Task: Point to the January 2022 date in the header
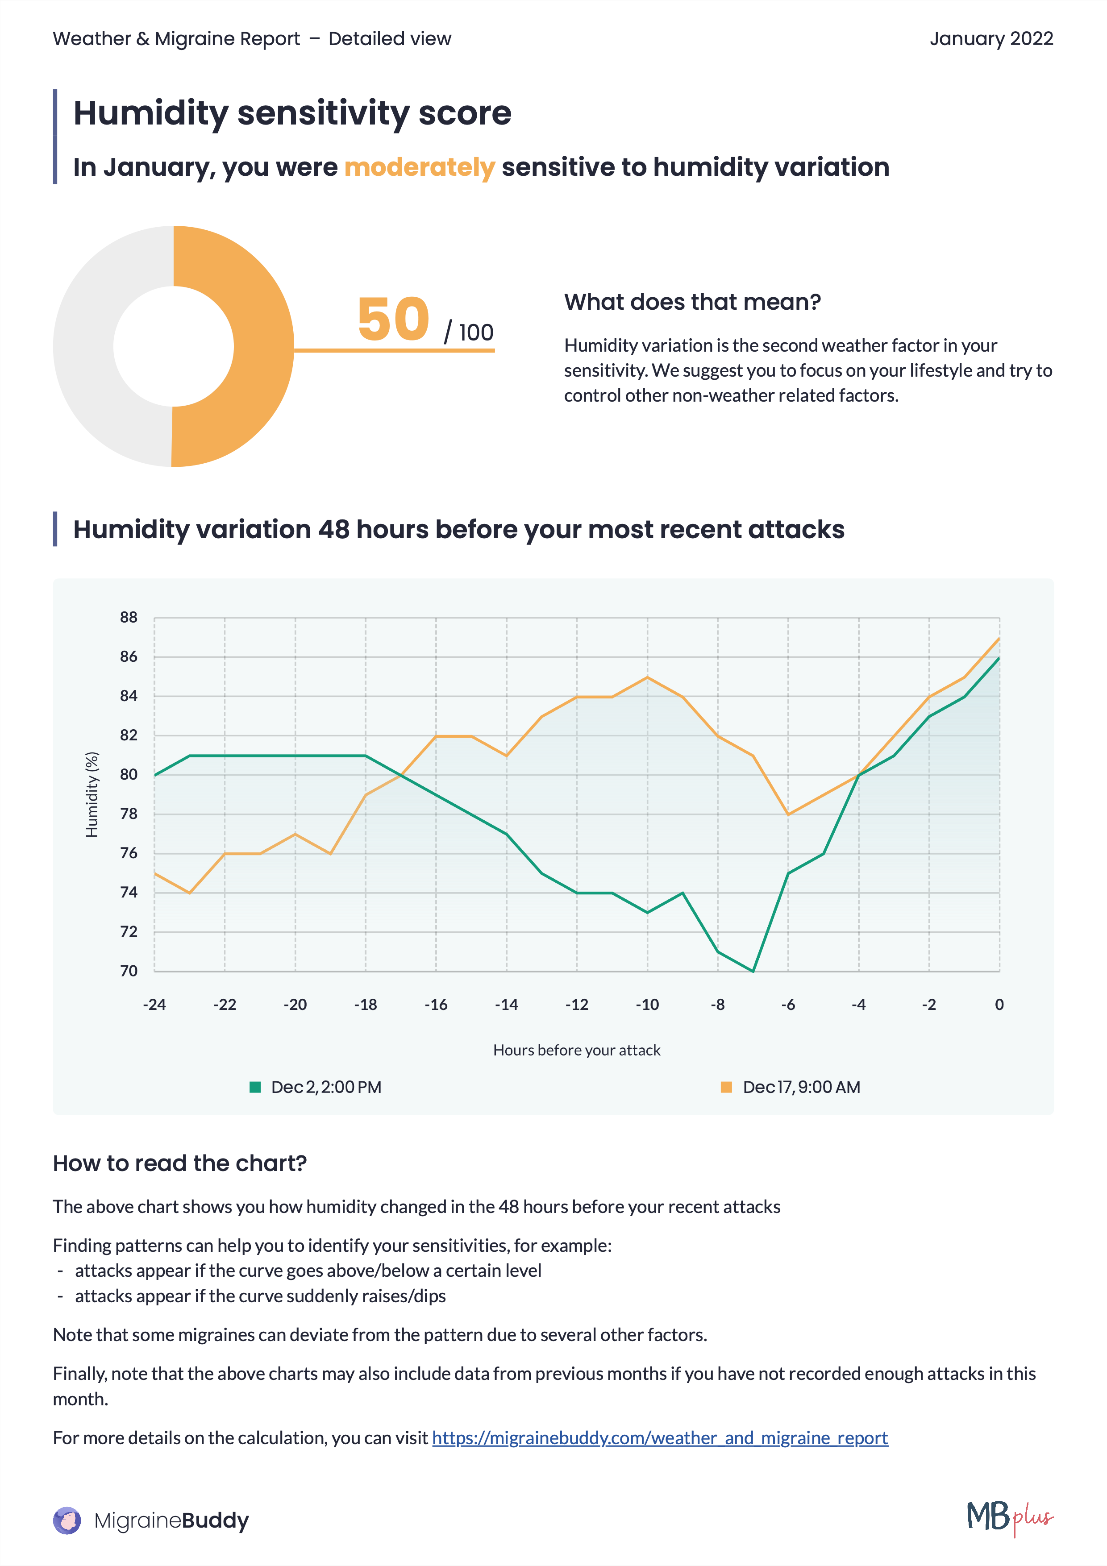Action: (x=990, y=39)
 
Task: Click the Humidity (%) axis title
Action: (x=92, y=794)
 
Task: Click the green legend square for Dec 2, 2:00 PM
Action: (x=255, y=1087)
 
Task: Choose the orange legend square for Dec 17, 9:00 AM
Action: (x=726, y=1087)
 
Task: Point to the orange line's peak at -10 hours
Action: (x=647, y=677)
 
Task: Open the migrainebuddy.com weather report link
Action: (x=660, y=1438)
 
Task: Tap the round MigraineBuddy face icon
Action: (x=67, y=1520)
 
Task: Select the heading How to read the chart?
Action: (x=179, y=1163)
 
